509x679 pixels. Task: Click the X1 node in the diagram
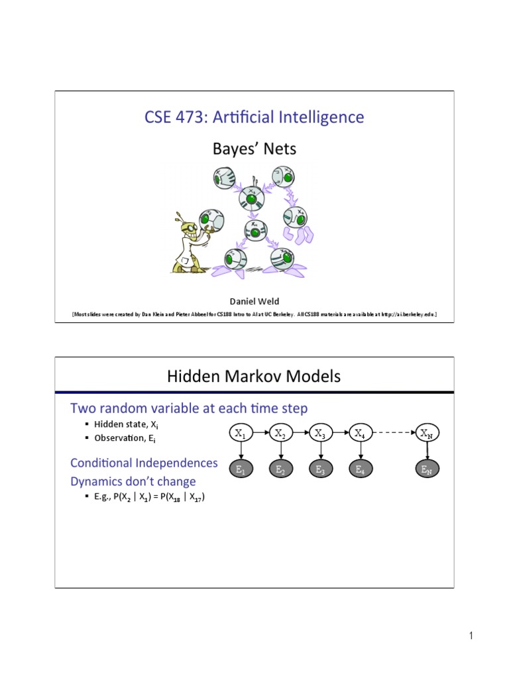[x=240, y=434]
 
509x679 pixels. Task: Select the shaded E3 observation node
[x=321, y=469]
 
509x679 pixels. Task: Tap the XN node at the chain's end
[x=426, y=434]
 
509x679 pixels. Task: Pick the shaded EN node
[x=426, y=469]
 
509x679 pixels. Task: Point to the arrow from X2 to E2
[x=280, y=451]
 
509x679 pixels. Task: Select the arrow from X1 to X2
[x=260, y=434]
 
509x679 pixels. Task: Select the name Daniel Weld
[x=254, y=301]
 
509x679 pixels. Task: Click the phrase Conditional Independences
[x=144, y=462]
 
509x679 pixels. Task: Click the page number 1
[x=471, y=637]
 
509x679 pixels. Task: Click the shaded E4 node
[x=360, y=469]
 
